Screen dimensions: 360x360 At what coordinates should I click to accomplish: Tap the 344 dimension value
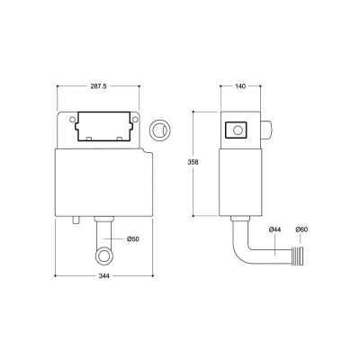[103, 277]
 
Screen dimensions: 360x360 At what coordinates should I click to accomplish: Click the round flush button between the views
[160, 128]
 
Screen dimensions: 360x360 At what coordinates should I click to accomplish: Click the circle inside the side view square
[238, 131]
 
